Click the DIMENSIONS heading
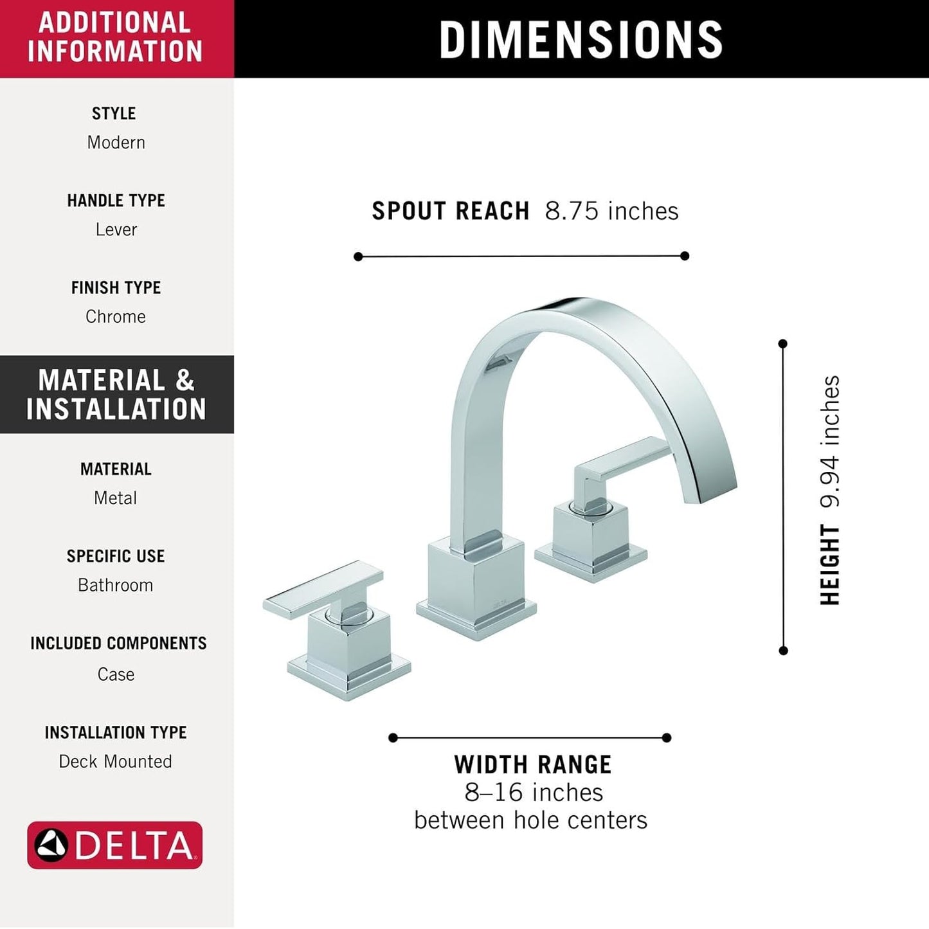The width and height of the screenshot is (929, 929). point(581,39)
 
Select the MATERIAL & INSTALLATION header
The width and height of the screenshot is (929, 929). point(116,394)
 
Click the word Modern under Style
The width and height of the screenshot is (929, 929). point(116,142)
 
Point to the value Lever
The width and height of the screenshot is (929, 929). point(116,230)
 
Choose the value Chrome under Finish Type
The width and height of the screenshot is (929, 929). point(116,316)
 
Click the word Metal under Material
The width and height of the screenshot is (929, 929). point(116,498)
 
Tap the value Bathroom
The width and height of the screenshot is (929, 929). point(116,585)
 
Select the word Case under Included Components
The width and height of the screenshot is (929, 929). point(116,674)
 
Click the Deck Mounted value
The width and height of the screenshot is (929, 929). point(116,761)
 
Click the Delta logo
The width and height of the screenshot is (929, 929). point(114,845)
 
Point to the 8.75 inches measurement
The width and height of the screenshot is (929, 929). point(611,211)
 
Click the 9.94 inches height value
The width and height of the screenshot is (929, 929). point(830,442)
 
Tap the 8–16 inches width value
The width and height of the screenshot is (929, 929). point(534,792)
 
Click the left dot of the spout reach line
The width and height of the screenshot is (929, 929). point(358,257)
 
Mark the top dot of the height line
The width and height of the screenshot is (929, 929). point(782,344)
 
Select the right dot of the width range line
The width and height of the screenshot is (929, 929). point(667,737)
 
